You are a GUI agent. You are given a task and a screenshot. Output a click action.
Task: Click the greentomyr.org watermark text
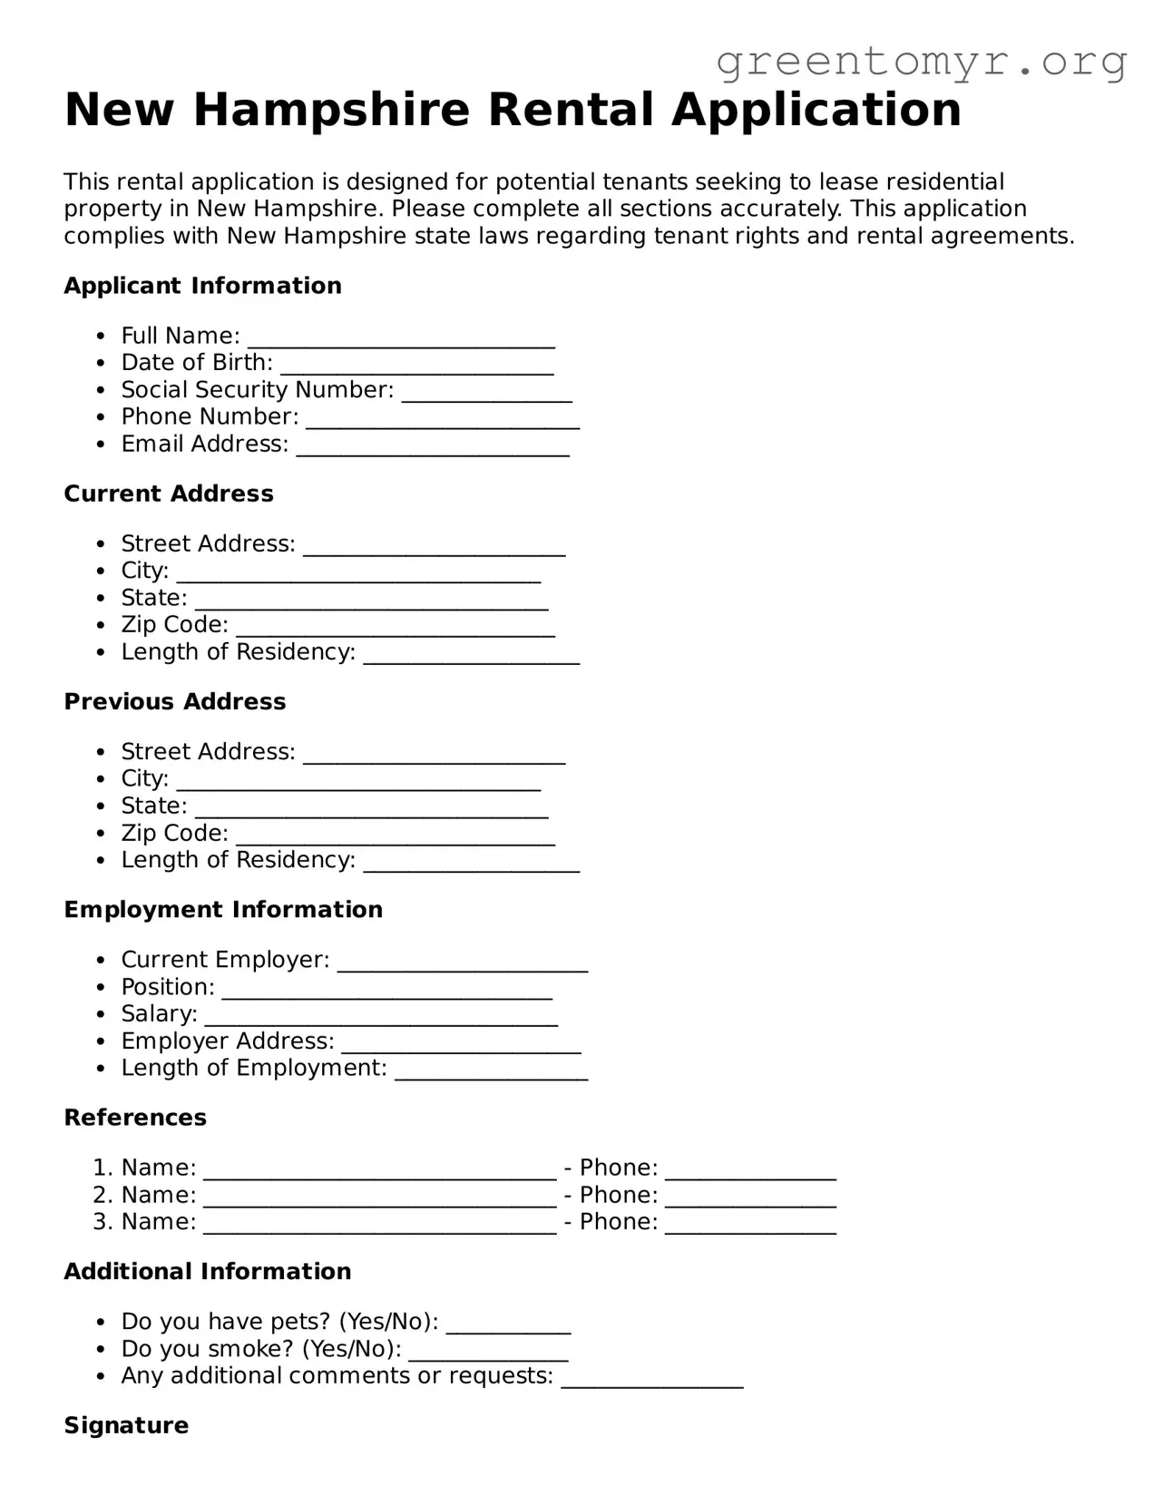coord(921,62)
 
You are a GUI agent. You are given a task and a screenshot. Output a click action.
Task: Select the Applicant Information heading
coord(202,286)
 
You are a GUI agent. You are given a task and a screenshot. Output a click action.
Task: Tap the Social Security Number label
coord(257,390)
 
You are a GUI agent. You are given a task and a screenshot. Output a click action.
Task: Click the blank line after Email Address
coord(433,446)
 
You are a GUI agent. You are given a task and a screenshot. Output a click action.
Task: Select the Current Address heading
coord(168,494)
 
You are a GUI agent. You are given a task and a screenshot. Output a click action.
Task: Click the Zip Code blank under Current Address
coord(395,628)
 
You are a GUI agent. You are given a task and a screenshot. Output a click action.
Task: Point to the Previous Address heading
coord(174,701)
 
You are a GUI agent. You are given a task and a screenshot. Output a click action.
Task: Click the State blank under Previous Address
coord(371,808)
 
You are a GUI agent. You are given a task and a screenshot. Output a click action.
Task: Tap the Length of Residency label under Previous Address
coord(238,860)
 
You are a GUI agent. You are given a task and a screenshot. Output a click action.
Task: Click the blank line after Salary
coord(380,1016)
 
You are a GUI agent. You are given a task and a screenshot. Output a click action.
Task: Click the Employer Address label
coord(227,1041)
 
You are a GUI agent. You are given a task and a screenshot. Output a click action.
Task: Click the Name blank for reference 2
coord(379,1197)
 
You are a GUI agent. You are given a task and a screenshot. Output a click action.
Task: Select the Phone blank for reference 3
coord(750,1225)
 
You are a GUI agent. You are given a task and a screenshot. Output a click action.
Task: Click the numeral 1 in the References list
coord(100,1168)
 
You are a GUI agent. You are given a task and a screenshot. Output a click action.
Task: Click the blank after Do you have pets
coord(508,1324)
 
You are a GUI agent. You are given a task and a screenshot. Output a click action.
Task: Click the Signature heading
coord(126,1425)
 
